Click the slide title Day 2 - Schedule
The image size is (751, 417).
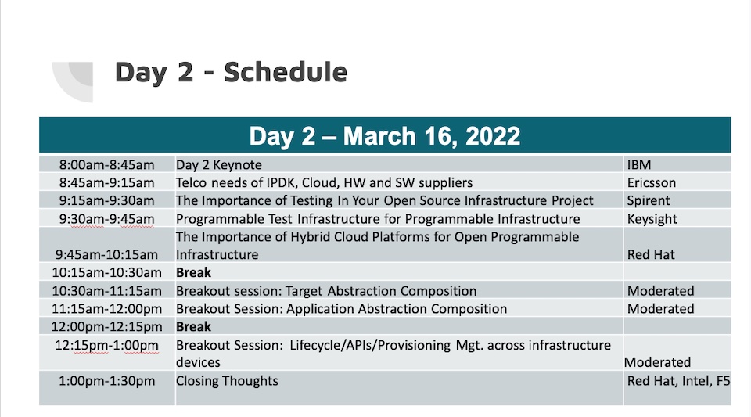click(x=231, y=72)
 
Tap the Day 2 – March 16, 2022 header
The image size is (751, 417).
click(x=385, y=136)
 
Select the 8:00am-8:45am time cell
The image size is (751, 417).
click(x=107, y=165)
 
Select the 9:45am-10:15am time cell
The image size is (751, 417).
click(x=107, y=254)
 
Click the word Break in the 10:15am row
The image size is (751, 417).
click(x=193, y=272)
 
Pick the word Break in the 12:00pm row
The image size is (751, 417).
click(x=193, y=326)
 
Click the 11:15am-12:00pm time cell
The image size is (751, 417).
click(x=107, y=308)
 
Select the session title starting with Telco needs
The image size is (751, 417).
click(x=324, y=182)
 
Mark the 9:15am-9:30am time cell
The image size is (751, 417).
click(x=107, y=200)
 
